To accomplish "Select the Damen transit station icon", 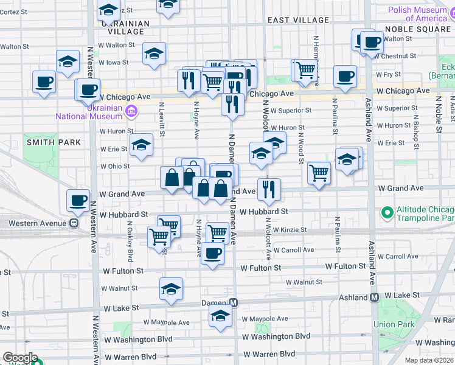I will click(233, 302).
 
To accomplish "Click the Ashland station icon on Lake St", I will click(375, 297).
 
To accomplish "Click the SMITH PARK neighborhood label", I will click(54, 142).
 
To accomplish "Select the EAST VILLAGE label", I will click(298, 20).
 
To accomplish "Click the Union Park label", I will click(395, 324).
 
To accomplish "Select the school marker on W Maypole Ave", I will click(220, 315).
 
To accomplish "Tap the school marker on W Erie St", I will click(141, 145).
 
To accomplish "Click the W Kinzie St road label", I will click(293, 230).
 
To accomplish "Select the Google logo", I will click(20, 358).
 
